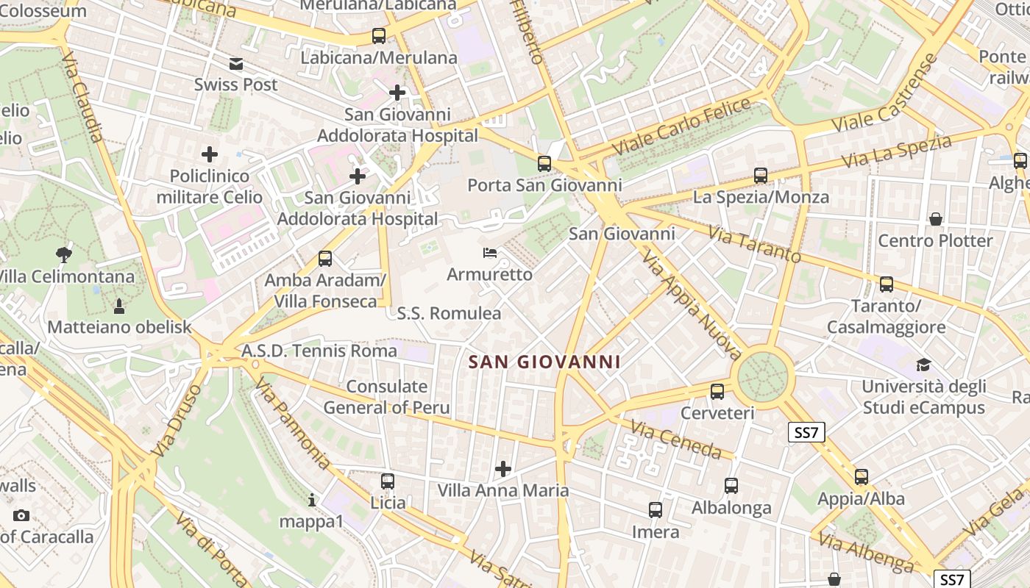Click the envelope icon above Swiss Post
(x=236, y=64)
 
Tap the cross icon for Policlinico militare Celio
(x=210, y=154)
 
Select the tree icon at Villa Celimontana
(x=64, y=255)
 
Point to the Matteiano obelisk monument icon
(x=119, y=306)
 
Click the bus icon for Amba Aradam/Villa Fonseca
(x=325, y=259)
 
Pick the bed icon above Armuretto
(x=490, y=253)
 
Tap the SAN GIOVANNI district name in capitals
(x=544, y=362)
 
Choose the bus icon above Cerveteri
(x=717, y=392)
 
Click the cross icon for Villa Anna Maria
(x=503, y=469)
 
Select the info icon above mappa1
(x=312, y=500)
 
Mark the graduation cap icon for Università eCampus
(x=923, y=365)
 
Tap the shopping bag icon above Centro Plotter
(x=936, y=219)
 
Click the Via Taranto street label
(x=754, y=244)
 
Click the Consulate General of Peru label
(x=386, y=397)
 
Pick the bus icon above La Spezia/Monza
(x=761, y=176)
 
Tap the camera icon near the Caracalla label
(x=21, y=515)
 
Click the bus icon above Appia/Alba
(x=862, y=477)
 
